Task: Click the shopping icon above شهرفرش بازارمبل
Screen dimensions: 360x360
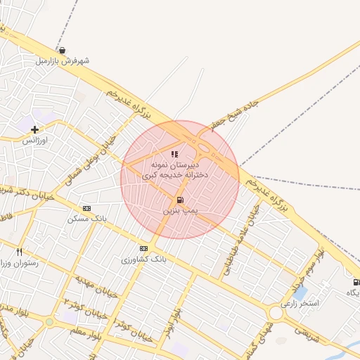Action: [x=63, y=51]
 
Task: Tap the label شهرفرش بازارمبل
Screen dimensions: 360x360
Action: [x=63, y=61]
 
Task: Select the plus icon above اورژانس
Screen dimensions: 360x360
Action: [x=34, y=129]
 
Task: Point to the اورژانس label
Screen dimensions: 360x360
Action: [x=34, y=141]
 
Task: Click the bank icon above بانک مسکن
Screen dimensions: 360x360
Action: [x=86, y=208]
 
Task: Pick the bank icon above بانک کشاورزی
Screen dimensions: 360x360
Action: [x=144, y=248]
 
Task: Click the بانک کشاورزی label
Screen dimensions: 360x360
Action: [x=145, y=259]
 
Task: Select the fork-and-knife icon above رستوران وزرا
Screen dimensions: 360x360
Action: [x=19, y=251]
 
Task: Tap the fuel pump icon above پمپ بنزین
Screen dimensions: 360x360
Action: [x=181, y=200]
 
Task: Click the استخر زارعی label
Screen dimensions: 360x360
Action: [x=300, y=304]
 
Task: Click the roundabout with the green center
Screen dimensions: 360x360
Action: [x=49, y=322]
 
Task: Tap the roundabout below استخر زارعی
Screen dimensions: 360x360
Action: [x=275, y=314]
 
